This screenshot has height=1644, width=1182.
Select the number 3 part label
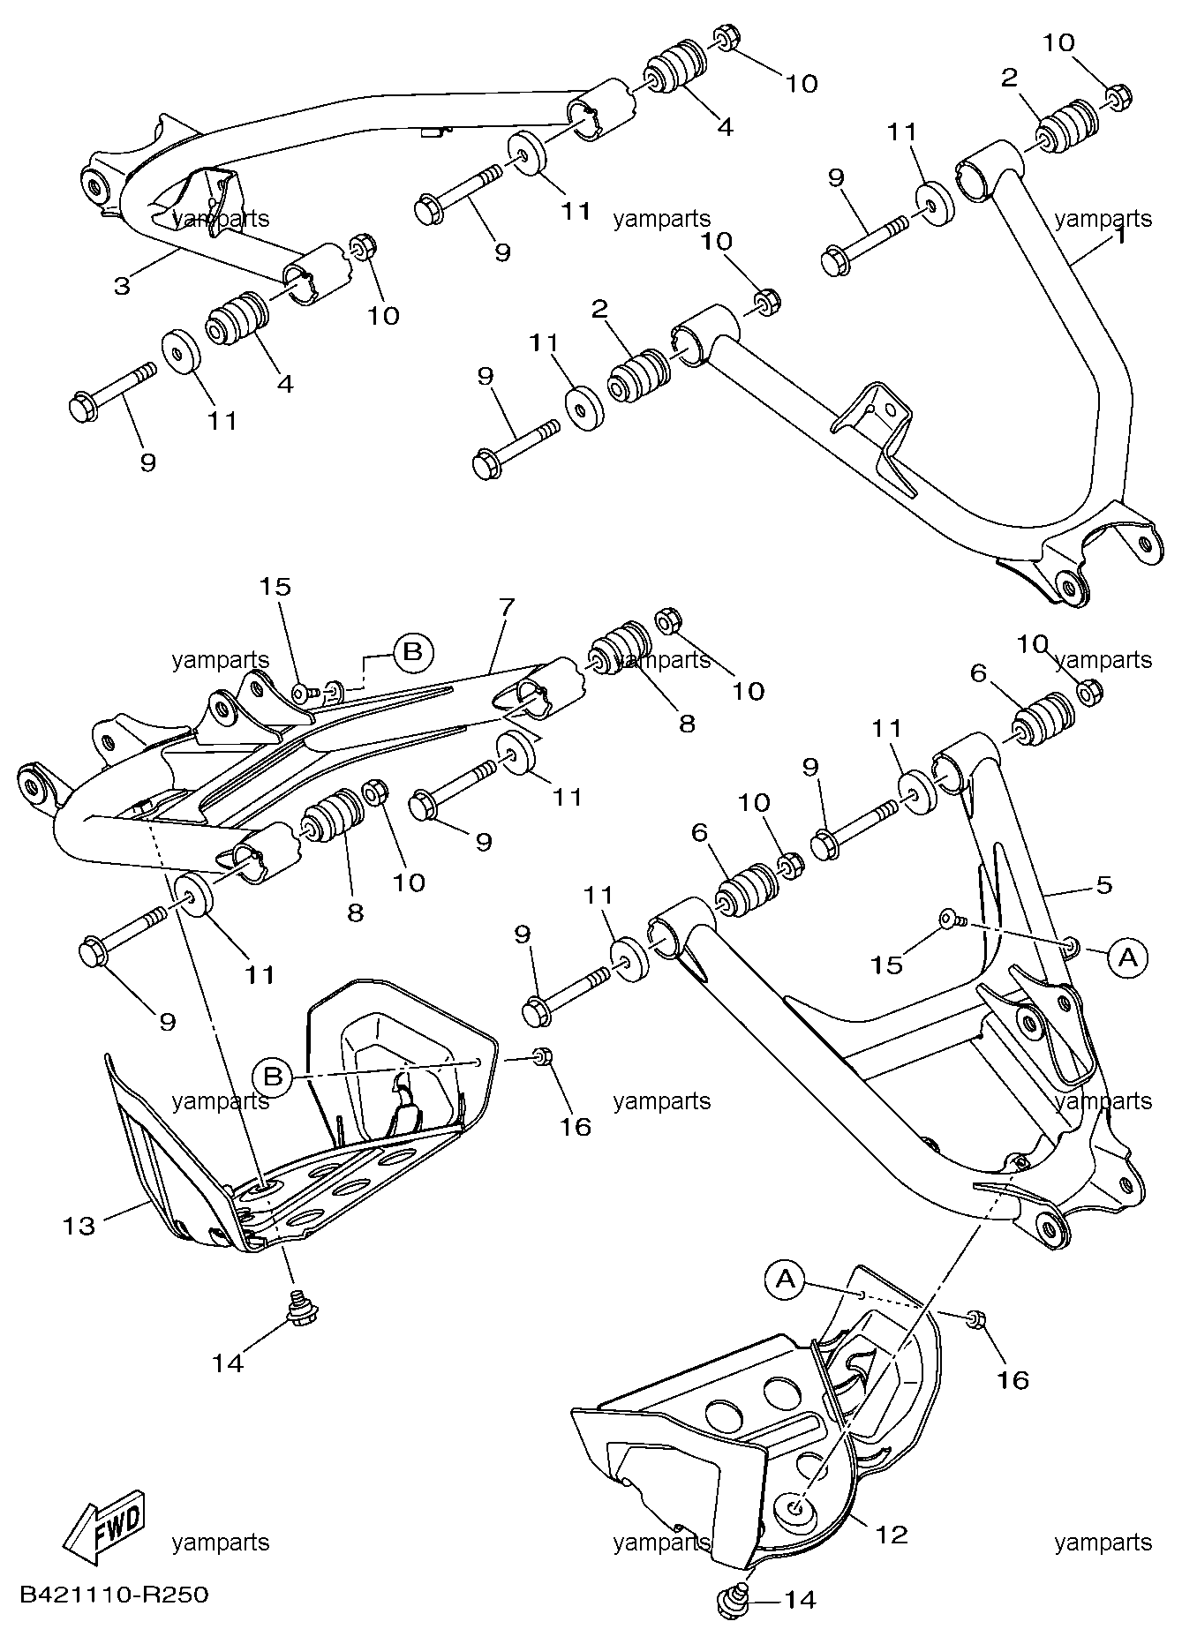(122, 285)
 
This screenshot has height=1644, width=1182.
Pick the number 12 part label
(892, 1535)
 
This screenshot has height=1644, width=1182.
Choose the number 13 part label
(79, 1225)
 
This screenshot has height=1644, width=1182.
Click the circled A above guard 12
(787, 1279)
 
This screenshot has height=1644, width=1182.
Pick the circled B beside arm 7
(412, 653)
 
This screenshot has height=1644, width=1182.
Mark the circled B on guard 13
(273, 1077)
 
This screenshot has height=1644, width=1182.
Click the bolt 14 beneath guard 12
(732, 1602)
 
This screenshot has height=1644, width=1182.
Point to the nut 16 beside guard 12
(975, 1319)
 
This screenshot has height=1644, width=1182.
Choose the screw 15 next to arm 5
(952, 920)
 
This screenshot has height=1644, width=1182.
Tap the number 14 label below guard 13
(228, 1363)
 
